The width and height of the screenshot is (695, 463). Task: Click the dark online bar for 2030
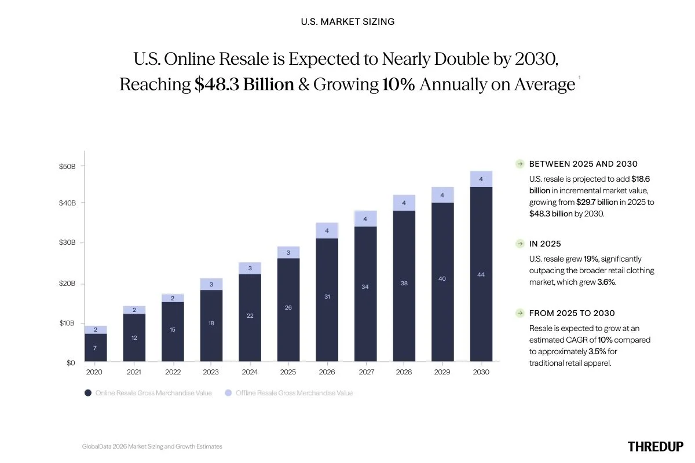pos(481,274)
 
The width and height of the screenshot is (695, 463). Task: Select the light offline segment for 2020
pos(95,329)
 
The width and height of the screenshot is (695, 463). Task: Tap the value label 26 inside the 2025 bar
pos(288,307)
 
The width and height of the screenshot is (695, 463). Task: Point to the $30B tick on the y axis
pos(67,242)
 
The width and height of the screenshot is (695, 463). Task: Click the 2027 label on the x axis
pos(365,372)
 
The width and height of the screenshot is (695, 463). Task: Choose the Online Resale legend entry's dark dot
pos(88,393)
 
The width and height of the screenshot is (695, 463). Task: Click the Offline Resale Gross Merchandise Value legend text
pos(294,393)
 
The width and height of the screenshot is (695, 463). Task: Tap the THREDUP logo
pos(655,446)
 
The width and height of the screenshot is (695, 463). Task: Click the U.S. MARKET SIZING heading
pos(348,21)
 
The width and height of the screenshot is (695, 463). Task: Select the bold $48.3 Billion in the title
pos(244,84)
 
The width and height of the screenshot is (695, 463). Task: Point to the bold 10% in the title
pos(398,84)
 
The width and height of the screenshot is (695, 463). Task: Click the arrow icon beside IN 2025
pos(520,244)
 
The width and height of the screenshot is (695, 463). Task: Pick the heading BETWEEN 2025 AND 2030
pos(583,164)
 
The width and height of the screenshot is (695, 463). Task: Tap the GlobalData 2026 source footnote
pos(152,446)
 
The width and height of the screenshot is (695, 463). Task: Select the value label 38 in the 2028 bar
pos(404,283)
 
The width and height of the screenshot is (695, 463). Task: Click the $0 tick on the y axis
pos(71,363)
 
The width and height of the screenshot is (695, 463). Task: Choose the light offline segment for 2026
pos(327,230)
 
